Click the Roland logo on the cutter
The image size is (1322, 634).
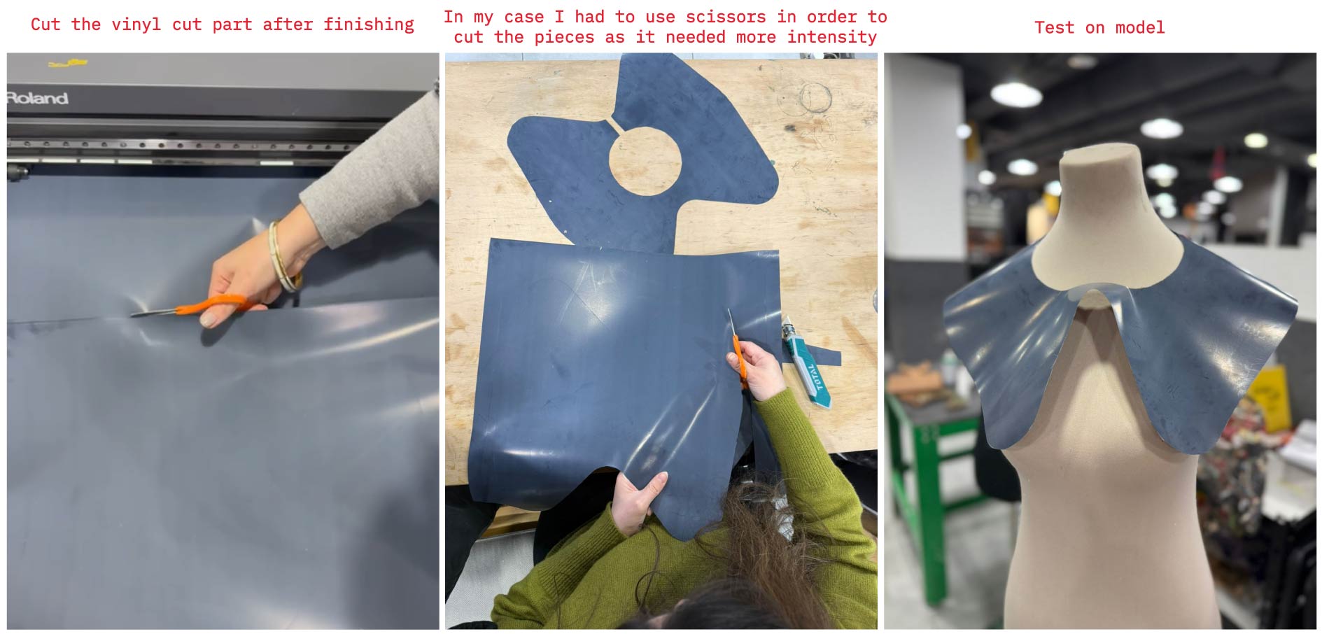38,98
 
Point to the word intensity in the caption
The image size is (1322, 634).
832,36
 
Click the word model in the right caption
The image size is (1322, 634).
1140,27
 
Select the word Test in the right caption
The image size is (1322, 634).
1055,27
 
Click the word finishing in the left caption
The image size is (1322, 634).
369,24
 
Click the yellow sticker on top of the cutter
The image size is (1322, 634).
68,64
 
